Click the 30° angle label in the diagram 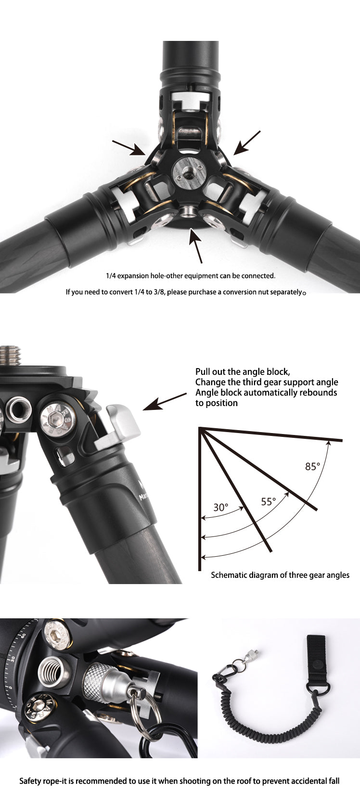pyautogui.click(x=220, y=507)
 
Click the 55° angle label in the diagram pyautogui.click(x=268, y=501)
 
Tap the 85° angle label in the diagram pyautogui.click(x=312, y=466)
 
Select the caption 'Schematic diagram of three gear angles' pyautogui.click(x=280, y=575)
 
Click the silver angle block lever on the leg pyautogui.click(x=121, y=424)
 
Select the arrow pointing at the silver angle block pyautogui.click(x=164, y=402)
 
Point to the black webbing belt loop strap pyautogui.click(x=316, y=660)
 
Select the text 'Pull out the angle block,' pyautogui.click(x=242, y=372)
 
